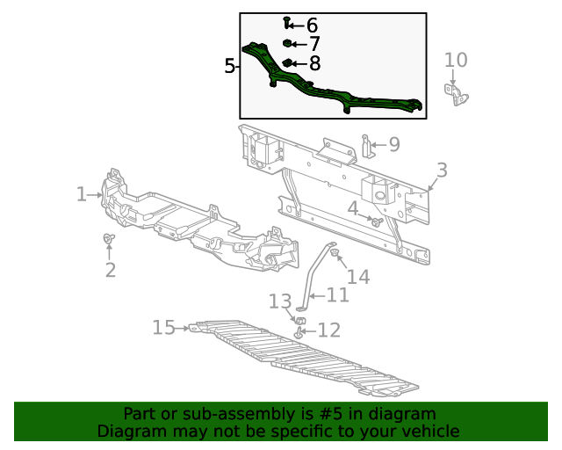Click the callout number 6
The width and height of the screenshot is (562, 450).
(312, 25)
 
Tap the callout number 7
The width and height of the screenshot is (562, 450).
(313, 44)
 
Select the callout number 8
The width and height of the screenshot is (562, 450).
(313, 63)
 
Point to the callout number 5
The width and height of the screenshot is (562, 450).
(230, 66)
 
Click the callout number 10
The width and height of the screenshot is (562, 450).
(456, 60)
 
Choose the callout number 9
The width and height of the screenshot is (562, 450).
(393, 144)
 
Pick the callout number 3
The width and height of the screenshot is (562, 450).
(442, 171)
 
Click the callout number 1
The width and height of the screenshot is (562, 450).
(81, 194)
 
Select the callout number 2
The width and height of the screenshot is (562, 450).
(110, 270)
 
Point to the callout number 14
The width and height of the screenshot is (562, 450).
(358, 277)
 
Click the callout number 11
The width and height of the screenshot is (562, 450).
(338, 295)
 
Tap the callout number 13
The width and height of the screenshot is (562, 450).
(279, 302)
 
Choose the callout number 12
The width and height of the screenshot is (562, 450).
(328, 330)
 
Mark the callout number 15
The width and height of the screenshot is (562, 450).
(164, 328)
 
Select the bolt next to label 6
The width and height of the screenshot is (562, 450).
(287, 22)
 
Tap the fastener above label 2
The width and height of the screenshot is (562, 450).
(108, 238)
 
